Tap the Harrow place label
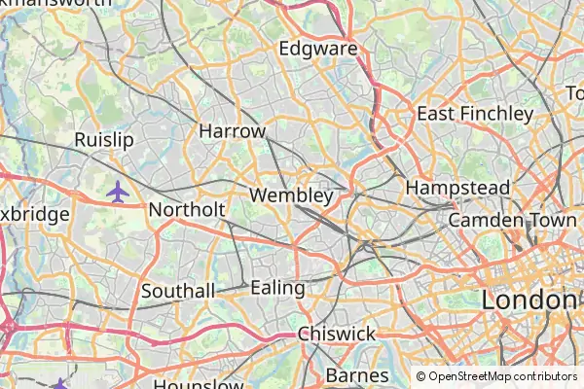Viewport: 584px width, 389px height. (232, 130)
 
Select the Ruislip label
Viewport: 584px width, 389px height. (103, 140)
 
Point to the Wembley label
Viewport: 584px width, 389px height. (291, 195)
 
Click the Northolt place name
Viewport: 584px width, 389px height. (187, 210)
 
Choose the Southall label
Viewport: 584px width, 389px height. (178, 291)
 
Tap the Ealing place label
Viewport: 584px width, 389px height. (277, 288)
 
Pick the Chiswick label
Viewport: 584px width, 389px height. (337, 334)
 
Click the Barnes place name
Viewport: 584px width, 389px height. (357, 374)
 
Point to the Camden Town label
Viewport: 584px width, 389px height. (513, 221)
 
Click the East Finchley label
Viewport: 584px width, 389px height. (475, 114)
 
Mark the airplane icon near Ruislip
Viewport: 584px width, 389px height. (118, 192)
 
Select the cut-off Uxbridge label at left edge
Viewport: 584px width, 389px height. (34, 214)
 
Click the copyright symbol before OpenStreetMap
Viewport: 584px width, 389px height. (421, 376)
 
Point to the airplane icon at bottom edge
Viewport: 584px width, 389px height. (60, 384)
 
